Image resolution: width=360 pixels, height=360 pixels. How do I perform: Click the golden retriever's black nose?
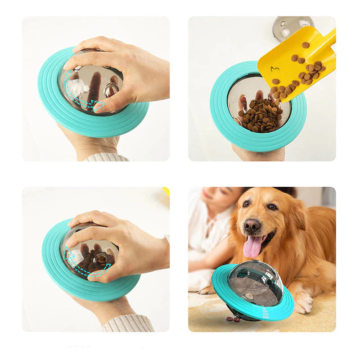tap(252, 225)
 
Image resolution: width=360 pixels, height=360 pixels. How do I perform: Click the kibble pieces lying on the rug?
tap(233, 319)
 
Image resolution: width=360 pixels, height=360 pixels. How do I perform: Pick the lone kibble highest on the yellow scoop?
tap(306, 45)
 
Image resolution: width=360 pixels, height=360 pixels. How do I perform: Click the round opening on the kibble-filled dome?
tap(102, 259)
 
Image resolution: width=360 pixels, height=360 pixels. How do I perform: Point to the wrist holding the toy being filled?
tap(259, 153)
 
